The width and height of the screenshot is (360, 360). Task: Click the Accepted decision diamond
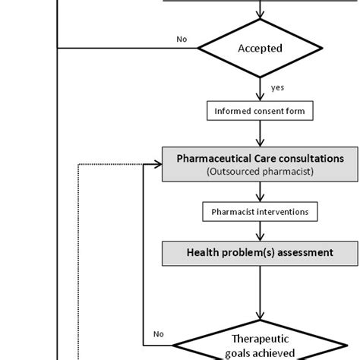[x=260, y=49]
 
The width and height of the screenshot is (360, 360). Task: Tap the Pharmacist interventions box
[x=260, y=212]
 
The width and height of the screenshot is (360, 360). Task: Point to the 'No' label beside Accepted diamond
[x=182, y=39]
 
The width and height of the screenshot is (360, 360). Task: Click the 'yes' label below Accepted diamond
[x=277, y=87]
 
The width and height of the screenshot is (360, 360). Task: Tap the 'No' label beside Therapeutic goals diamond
[x=157, y=333]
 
